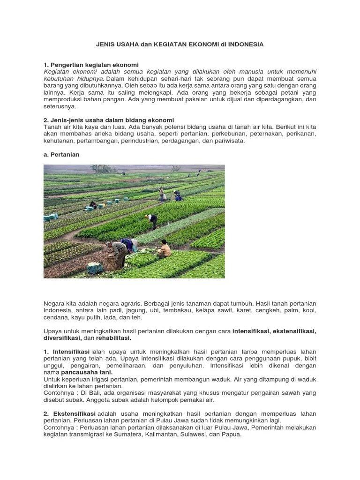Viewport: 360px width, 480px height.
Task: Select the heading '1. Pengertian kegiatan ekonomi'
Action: [91, 64]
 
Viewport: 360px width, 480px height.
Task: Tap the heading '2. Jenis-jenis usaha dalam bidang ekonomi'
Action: [109, 120]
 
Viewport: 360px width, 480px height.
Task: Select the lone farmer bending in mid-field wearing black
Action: [152, 220]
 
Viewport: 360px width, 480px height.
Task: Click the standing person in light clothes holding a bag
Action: [162, 193]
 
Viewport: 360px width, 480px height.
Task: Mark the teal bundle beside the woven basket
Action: [95, 268]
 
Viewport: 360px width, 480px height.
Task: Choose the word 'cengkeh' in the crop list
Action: [264, 311]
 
